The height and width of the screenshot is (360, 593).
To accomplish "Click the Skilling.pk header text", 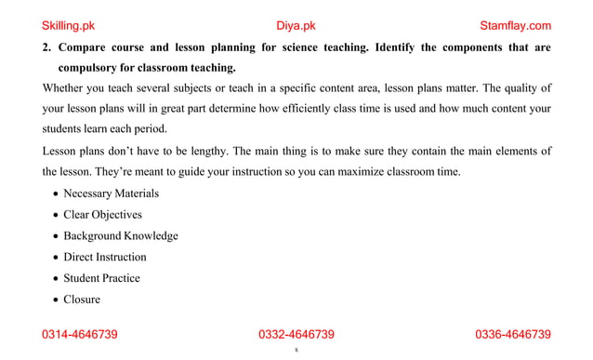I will point(73,25).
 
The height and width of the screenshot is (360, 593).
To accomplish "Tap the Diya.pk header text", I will point(296,25).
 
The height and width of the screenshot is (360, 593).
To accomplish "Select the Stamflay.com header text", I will point(515,25).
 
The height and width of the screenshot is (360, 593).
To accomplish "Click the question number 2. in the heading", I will point(47,47).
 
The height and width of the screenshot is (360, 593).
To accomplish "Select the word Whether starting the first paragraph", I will point(64,89).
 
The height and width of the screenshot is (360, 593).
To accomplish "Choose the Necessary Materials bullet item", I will point(111,193).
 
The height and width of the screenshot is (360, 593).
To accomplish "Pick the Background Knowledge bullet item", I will point(120,236).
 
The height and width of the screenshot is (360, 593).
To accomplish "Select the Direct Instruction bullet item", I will point(104,257).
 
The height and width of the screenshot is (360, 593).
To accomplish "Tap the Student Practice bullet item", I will point(101,278).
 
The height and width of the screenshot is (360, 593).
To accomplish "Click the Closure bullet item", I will point(82,300).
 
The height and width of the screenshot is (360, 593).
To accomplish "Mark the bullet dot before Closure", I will point(56,300).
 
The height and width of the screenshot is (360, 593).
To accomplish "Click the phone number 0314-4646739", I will point(80,335).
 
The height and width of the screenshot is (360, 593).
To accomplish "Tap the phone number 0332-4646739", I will point(296,335).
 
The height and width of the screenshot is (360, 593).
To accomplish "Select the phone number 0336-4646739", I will point(513,335).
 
